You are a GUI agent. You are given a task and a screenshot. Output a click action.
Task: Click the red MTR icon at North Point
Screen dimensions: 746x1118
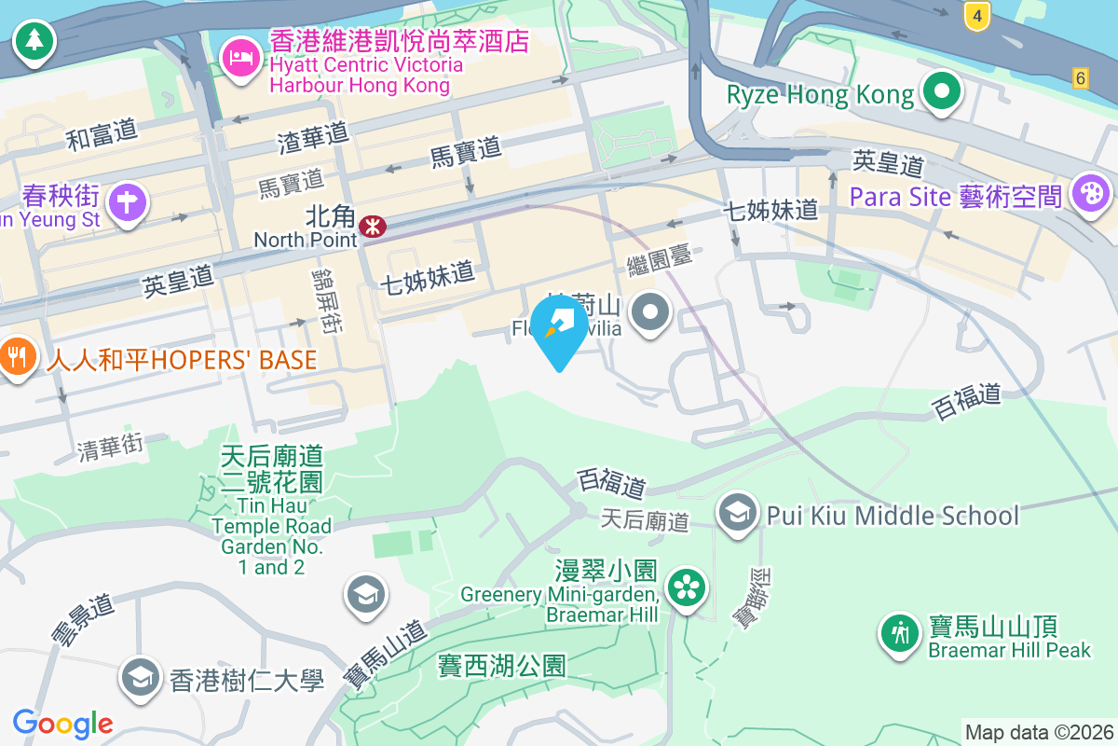[x=374, y=226]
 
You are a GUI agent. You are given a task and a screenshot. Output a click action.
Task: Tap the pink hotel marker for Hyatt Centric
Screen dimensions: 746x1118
[x=240, y=57]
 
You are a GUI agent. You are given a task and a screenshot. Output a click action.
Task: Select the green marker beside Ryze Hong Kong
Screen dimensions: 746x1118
[x=942, y=92]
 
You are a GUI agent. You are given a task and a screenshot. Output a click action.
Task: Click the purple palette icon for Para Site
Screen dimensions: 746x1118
[x=1088, y=194]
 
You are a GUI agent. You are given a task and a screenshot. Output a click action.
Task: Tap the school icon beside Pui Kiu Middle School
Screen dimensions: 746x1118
[x=737, y=512]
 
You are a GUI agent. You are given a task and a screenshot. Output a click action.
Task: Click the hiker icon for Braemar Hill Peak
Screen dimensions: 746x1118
[x=899, y=634]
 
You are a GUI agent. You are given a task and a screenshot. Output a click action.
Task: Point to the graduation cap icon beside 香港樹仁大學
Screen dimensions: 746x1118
[x=140, y=678]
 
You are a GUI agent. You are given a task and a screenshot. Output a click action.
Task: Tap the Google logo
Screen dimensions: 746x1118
[x=63, y=723]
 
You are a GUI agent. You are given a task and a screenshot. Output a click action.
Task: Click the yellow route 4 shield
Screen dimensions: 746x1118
[x=975, y=16]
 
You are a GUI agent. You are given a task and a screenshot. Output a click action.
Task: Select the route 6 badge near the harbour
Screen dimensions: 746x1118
[x=1080, y=78]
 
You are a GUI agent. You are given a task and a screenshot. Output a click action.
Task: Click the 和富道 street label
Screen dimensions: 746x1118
[x=102, y=136]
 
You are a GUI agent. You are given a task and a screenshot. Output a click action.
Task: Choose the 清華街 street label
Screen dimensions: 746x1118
[x=112, y=449]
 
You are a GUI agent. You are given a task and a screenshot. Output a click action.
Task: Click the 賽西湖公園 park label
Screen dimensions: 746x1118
[x=502, y=666]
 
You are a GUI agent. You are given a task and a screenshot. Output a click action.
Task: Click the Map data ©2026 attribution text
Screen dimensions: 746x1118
[x=1039, y=733]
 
